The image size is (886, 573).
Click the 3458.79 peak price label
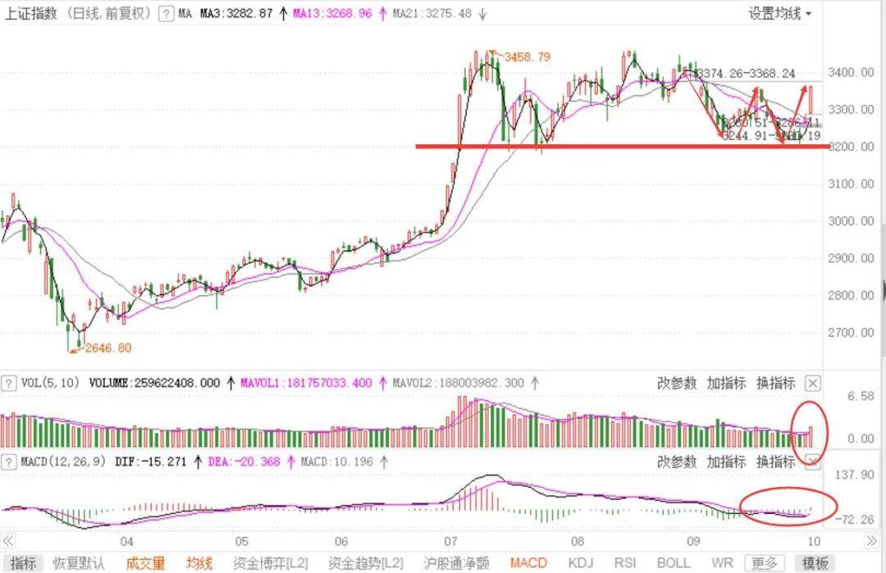pos(527,57)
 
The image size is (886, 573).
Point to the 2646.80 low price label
pos(102,348)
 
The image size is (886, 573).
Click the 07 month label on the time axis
pos(450,541)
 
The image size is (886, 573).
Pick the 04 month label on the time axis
pos(126,541)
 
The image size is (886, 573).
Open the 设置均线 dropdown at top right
pos(779,14)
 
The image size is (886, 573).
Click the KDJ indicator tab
pos(581,563)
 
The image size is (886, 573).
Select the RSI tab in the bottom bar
pos(626,563)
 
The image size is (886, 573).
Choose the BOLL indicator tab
pos(674,563)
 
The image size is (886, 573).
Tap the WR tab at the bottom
pos(722,563)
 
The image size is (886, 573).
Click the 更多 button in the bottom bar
pos(765,563)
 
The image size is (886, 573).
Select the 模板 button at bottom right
pos(815,563)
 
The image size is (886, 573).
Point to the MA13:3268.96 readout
pos(330,14)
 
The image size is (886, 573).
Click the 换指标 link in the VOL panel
pos(775,383)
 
